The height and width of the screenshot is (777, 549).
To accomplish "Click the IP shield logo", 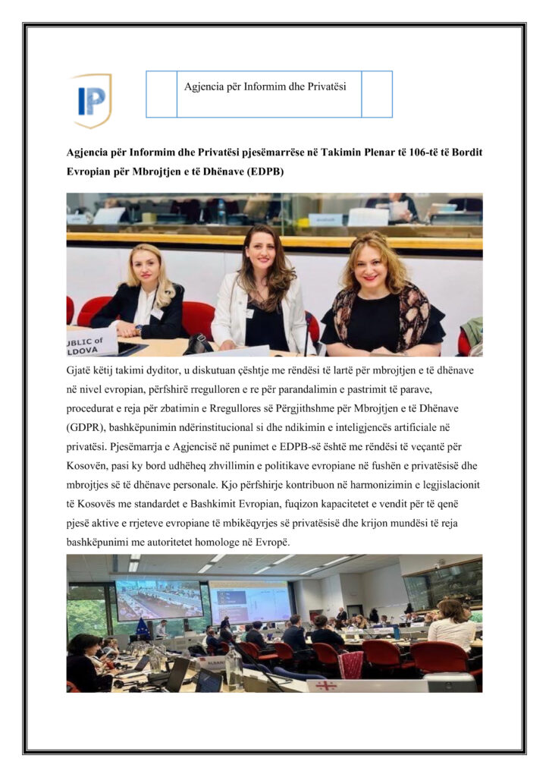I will (x=93, y=99).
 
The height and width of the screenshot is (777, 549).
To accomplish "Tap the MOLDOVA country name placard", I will (x=92, y=340).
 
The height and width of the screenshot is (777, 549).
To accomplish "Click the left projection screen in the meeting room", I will (x=158, y=600).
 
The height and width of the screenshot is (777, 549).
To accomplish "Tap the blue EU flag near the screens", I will (x=142, y=626).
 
